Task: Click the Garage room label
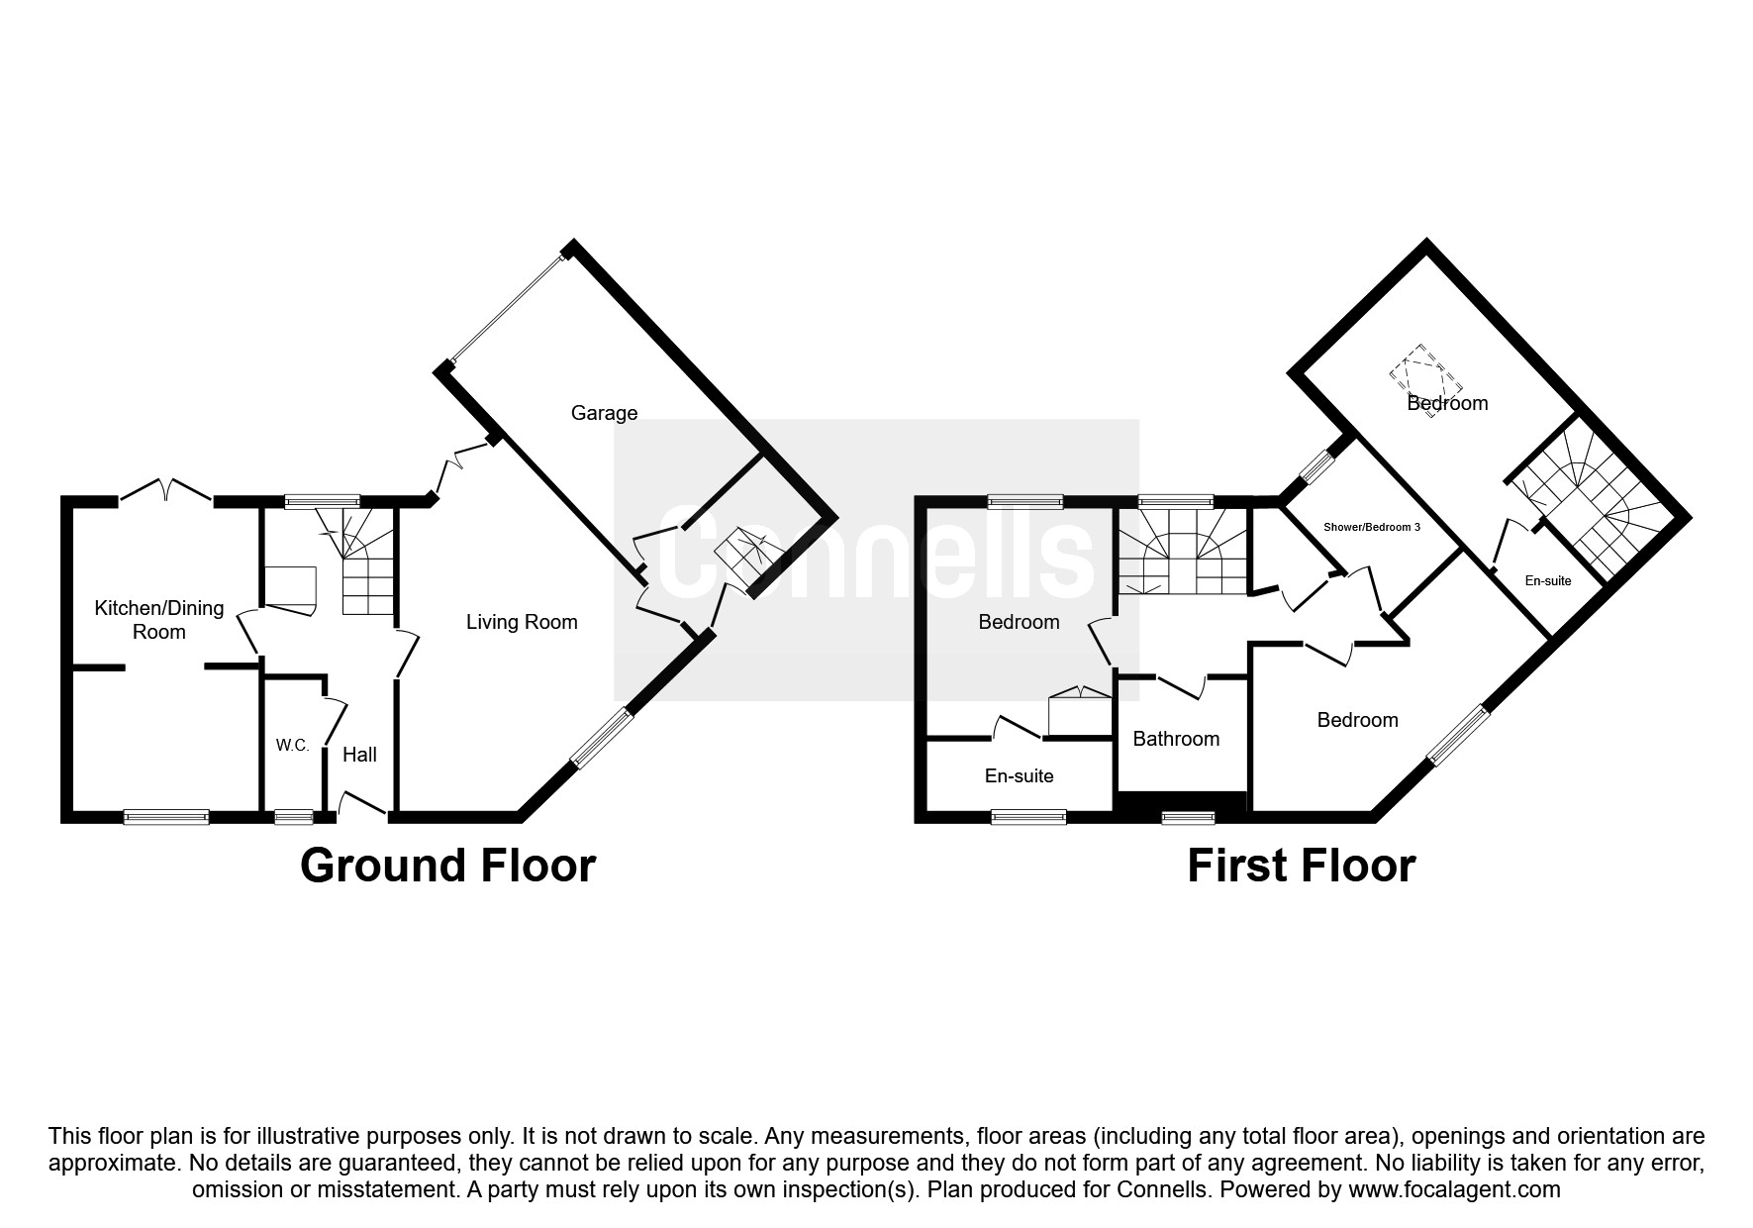pos(604,413)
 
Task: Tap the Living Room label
pos(522,622)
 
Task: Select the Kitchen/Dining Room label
pos(158,620)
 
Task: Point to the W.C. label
pos(293,746)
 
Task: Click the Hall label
pos(359,755)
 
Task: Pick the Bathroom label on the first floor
pos(1176,739)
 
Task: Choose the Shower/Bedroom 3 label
pos(1372,527)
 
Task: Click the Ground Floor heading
pos(447,866)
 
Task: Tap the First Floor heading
pos(1301,866)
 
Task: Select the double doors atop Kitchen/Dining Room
pos(167,490)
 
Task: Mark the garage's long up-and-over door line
pos(507,308)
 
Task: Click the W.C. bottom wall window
pos(293,817)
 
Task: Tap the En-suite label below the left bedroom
pos(1019,776)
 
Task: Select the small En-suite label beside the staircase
pos(1548,581)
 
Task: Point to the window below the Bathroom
pos(1188,817)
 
